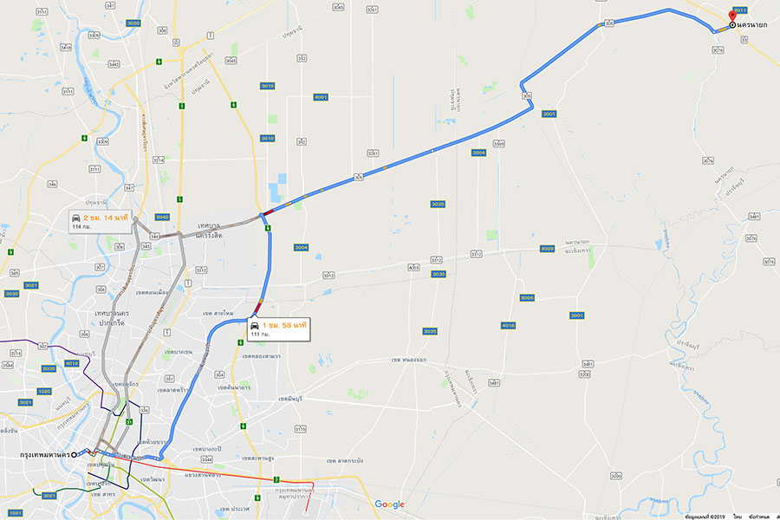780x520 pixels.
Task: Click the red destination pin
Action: click(x=732, y=16)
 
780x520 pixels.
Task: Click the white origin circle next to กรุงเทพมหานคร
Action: click(x=77, y=454)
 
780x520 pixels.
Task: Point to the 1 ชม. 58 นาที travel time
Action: click(x=281, y=324)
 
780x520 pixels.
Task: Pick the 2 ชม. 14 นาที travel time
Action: click(x=106, y=217)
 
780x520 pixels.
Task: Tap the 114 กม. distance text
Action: click(x=82, y=226)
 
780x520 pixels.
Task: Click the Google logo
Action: click(x=389, y=504)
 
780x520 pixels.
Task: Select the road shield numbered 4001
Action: click(x=321, y=97)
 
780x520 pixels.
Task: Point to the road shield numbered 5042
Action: click(x=162, y=217)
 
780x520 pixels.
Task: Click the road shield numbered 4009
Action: click(x=547, y=249)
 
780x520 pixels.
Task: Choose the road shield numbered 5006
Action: click(x=527, y=297)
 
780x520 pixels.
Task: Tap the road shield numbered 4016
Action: click(x=508, y=325)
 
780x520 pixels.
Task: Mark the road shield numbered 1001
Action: click(x=16, y=513)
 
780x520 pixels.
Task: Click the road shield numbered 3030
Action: click(x=11, y=294)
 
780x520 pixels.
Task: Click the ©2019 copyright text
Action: click(x=708, y=516)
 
